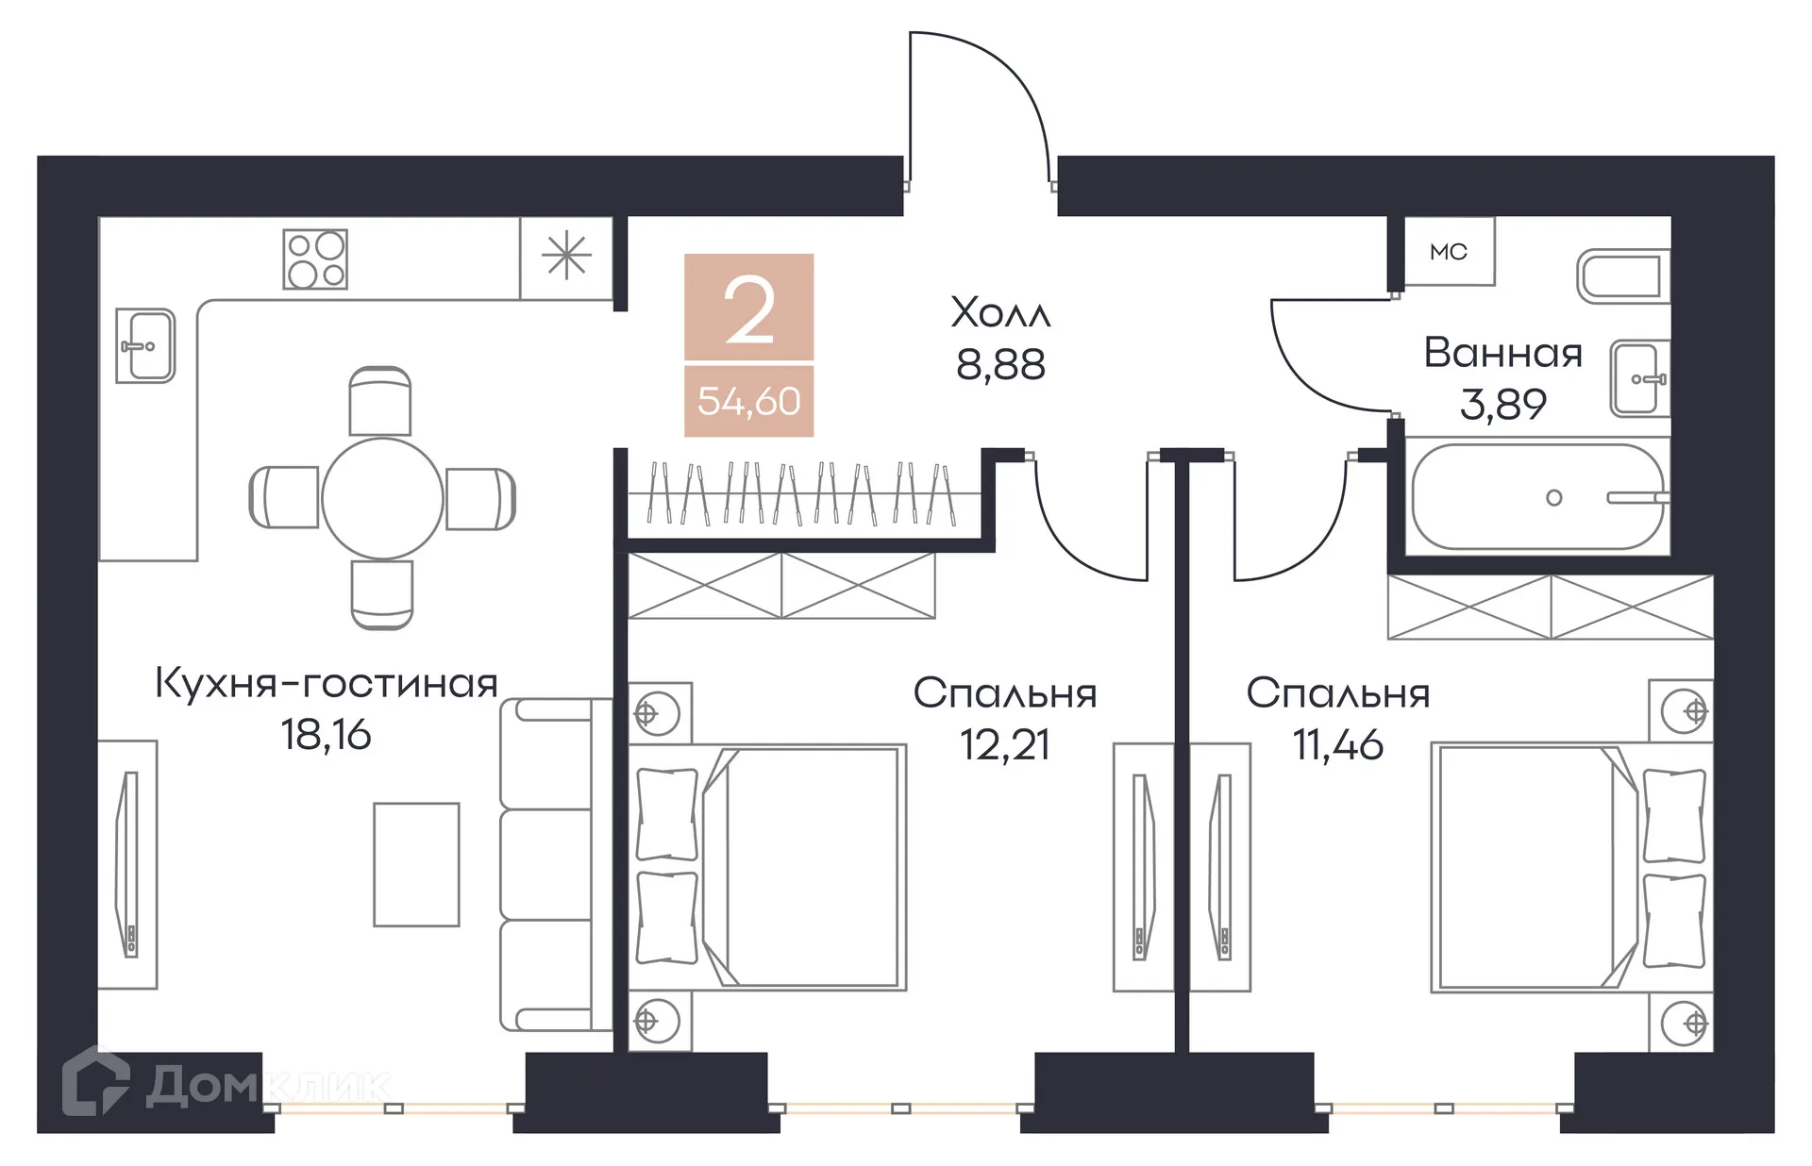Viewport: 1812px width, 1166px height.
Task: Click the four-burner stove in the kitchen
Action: point(315,258)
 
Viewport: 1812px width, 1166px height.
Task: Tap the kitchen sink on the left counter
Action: point(145,346)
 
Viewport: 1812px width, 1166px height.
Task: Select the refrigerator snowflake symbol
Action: point(566,256)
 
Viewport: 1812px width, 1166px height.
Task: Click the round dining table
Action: point(382,498)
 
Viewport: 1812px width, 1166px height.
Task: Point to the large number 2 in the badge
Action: point(749,309)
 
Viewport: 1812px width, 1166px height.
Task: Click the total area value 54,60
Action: point(748,402)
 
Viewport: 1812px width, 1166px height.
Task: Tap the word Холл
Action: point(1000,313)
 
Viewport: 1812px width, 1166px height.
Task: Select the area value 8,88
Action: point(1000,365)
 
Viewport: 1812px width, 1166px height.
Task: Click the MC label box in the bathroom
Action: point(1449,252)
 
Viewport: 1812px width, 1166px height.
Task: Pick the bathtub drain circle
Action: point(1554,497)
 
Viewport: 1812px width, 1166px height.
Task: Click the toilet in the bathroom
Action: point(1623,276)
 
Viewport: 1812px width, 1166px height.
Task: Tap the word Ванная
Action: point(1502,354)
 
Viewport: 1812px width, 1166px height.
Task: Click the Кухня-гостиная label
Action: point(326,683)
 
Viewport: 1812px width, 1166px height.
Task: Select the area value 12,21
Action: point(1005,745)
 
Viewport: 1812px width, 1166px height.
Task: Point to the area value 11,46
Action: point(1337,745)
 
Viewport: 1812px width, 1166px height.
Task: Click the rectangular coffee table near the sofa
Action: point(416,864)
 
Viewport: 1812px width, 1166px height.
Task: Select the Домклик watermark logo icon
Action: point(95,1082)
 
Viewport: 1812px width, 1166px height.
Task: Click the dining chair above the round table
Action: point(380,401)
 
